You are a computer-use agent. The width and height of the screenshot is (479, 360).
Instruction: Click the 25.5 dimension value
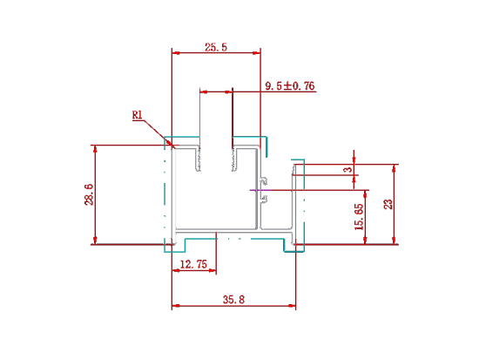(x=216, y=47)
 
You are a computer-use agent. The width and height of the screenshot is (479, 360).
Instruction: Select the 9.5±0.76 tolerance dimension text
(x=290, y=86)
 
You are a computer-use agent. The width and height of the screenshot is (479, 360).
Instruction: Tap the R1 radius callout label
(x=137, y=115)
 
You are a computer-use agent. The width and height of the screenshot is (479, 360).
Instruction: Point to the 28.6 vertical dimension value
(x=89, y=194)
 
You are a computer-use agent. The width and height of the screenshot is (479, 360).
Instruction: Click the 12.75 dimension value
(x=193, y=264)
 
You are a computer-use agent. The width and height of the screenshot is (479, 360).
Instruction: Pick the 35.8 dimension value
(x=233, y=300)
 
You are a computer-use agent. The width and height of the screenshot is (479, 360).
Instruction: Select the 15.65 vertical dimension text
(x=359, y=217)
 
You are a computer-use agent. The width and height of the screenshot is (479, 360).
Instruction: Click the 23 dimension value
(x=388, y=204)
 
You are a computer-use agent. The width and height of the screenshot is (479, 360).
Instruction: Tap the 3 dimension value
(x=348, y=169)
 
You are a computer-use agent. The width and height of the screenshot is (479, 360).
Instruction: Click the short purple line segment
(x=260, y=190)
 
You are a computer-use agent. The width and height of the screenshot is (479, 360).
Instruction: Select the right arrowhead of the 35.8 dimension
(x=292, y=305)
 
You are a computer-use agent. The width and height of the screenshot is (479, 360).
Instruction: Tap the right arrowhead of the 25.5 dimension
(x=257, y=53)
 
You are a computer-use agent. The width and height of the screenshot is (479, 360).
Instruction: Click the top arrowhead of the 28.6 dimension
(x=95, y=149)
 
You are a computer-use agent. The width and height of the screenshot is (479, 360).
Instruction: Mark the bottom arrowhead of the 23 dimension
(x=395, y=241)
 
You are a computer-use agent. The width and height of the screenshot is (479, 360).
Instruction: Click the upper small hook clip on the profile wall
(x=264, y=180)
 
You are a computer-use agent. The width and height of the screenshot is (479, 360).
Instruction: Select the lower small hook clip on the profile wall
(x=264, y=198)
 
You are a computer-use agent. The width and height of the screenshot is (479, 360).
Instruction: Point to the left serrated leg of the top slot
(x=198, y=159)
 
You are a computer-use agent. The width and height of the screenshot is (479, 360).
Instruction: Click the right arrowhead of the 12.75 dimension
(x=213, y=270)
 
